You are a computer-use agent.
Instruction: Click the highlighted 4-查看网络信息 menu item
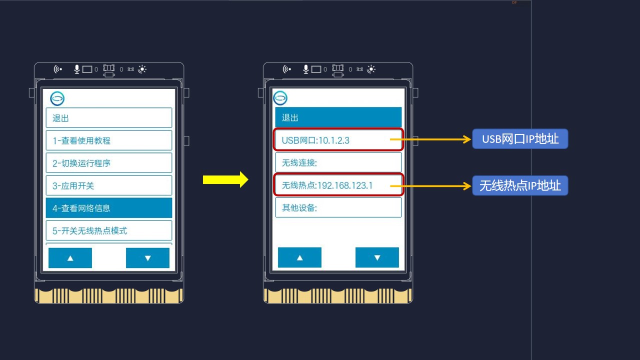click(109, 207)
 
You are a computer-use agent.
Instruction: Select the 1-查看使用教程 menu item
click(109, 140)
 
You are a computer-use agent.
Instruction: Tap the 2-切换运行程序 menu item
click(109, 163)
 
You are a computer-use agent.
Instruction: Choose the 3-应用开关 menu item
click(109, 185)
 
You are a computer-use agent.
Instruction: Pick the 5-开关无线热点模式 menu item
click(109, 230)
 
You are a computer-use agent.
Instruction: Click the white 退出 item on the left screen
click(109, 117)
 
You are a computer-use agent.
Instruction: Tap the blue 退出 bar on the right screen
click(338, 117)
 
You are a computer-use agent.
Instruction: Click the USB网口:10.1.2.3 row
click(338, 139)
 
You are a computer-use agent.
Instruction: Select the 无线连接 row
click(338, 162)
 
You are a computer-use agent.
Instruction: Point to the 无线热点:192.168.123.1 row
click(338, 185)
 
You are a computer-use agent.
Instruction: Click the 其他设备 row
click(338, 207)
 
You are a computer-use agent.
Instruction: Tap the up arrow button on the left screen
click(70, 258)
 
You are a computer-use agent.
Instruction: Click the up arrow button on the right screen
click(299, 257)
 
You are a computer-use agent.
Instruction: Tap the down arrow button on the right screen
click(377, 257)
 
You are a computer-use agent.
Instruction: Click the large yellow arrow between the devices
click(225, 179)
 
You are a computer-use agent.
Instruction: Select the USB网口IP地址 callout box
click(520, 139)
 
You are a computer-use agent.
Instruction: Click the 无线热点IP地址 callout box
click(520, 185)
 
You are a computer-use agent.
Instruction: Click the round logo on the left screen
click(57, 98)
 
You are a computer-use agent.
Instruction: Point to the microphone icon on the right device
click(305, 69)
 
